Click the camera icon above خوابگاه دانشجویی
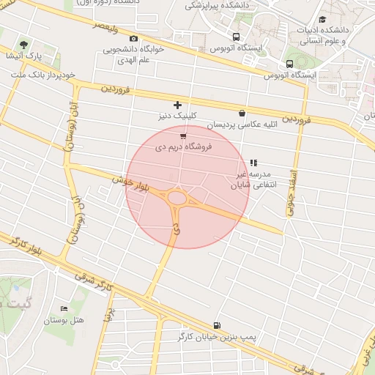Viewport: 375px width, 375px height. [133, 38]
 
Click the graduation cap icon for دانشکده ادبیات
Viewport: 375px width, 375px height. [322, 19]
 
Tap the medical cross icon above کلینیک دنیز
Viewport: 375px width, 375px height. [177, 105]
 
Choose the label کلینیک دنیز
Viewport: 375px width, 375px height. [177, 116]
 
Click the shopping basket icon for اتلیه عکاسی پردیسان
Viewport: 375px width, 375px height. [242, 113]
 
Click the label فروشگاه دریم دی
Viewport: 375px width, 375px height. [183, 147]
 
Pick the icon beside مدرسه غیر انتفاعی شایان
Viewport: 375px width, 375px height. [253, 163]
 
